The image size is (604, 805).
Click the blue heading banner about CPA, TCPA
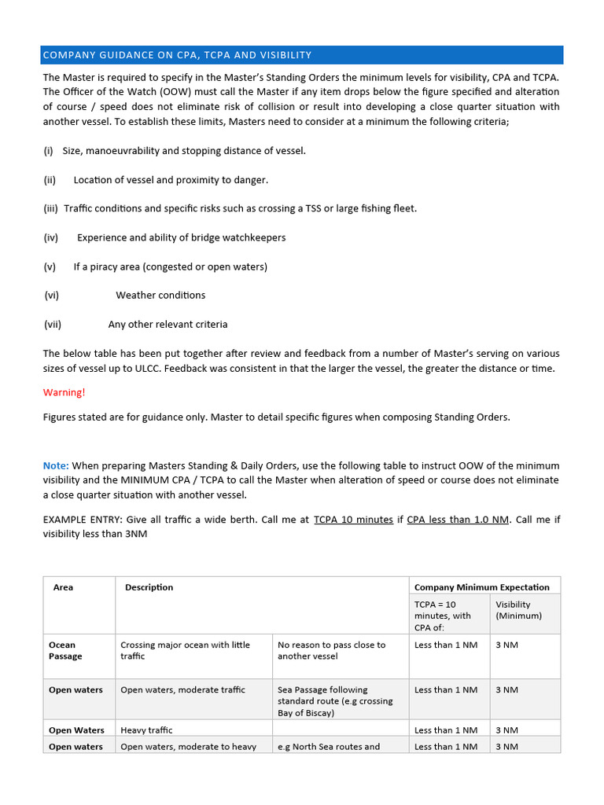coord(301,55)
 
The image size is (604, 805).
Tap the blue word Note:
coord(56,466)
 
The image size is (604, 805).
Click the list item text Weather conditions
coord(160,296)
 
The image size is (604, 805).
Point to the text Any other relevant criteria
coord(168,324)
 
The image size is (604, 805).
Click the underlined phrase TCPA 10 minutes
coord(353,520)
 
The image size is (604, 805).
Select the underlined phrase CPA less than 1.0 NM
coord(458,520)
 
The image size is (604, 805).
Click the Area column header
coord(63,587)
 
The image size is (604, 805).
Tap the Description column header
coord(149,587)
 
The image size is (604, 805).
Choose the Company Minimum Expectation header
coord(481,587)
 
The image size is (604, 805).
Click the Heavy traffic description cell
coord(146,730)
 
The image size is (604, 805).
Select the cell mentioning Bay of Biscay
coord(339,701)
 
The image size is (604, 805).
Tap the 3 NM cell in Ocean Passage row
coord(506,645)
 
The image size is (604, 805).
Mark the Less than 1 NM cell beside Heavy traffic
coord(446,730)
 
